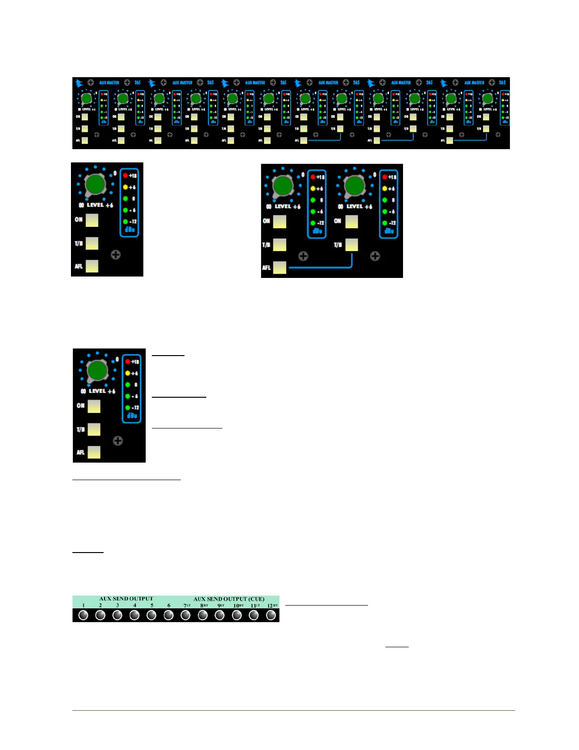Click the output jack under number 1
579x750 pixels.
coord(83,615)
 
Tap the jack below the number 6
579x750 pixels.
coord(168,615)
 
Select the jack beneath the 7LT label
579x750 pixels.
coord(185,615)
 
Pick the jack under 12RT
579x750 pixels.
coord(271,615)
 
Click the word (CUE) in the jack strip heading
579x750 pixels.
coord(256,599)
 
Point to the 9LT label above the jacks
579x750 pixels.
coord(221,606)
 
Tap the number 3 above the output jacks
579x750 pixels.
coord(117,605)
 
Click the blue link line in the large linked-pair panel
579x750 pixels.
coord(322,268)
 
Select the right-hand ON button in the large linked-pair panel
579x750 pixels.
coord(351,222)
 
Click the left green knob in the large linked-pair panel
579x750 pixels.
coord(283,185)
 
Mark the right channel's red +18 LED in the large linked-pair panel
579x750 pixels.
coord(385,177)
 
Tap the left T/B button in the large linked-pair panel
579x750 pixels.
coord(280,245)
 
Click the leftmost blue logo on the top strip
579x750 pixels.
coord(79,83)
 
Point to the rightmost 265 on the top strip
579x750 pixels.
coord(502,82)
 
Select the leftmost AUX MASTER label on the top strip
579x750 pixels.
coord(109,82)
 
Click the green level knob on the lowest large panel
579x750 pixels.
coord(97,370)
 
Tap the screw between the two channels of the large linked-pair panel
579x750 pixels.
coord(303,256)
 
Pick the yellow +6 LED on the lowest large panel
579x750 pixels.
coord(128,373)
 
